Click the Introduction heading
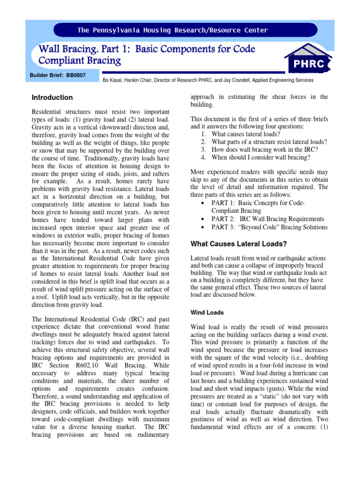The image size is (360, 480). click(x=52, y=97)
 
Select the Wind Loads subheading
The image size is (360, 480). click(x=207, y=312)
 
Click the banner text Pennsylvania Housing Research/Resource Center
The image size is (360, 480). click(x=173, y=30)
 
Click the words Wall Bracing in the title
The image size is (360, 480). click(x=66, y=49)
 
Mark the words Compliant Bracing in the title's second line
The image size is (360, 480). click(x=80, y=60)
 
